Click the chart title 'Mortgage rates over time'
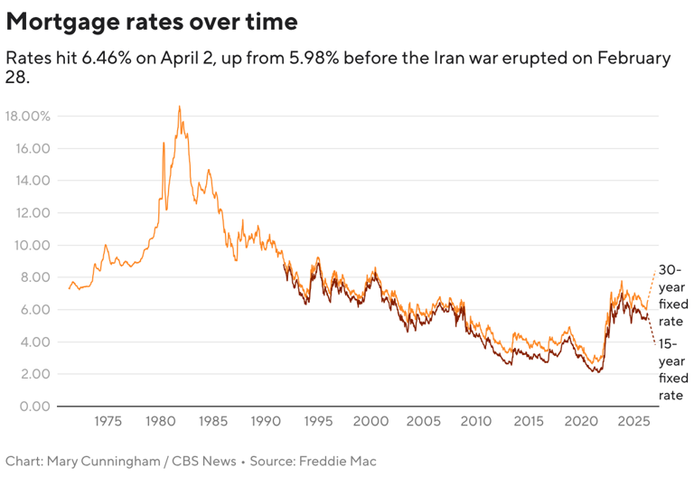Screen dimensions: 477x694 (x=151, y=21)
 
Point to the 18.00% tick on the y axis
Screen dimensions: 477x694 (x=27, y=117)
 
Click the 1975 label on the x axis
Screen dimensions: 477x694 (x=108, y=422)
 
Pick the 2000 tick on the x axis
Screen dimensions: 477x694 (x=370, y=422)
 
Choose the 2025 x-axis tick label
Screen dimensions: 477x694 (x=633, y=422)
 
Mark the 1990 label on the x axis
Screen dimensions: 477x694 (x=265, y=422)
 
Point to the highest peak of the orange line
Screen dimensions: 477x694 (x=179, y=107)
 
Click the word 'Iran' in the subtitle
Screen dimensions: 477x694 (x=439, y=59)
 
